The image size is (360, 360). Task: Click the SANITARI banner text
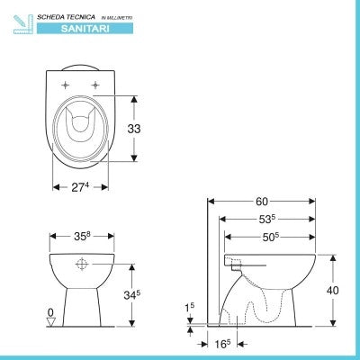[x=85, y=29]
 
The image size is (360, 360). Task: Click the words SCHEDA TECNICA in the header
[x=66, y=17]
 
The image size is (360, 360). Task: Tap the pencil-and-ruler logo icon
[x=23, y=24]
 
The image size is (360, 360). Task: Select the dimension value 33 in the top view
[x=134, y=129]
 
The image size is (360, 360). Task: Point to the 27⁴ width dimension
[x=80, y=187]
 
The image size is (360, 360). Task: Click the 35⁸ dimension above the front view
[x=82, y=236]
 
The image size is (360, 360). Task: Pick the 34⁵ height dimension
[x=132, y=295]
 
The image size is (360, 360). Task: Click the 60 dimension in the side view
[x=262, y=202]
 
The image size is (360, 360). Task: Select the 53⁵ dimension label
[x=267, y=220]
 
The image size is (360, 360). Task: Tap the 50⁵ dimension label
[x=271, y=237]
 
